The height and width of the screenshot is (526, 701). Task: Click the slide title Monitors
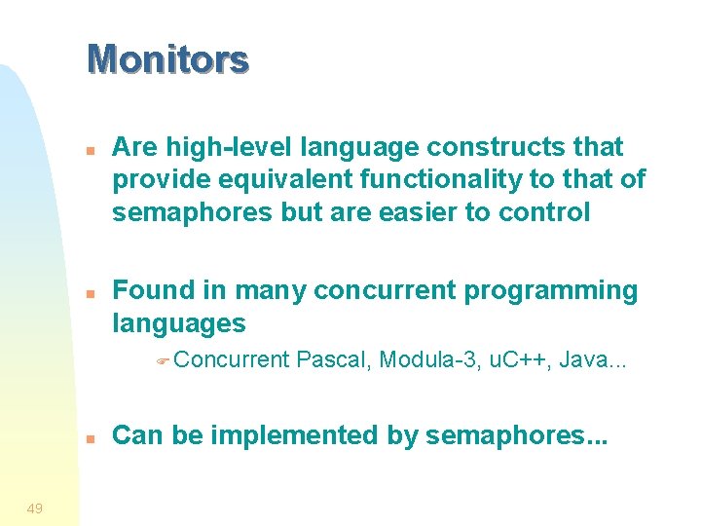[x=167, y=59]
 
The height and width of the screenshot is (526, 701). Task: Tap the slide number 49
[x=34, y=507]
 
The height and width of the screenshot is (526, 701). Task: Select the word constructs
[x=497, y=147]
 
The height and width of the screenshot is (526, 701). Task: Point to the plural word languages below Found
[x=179, y=323]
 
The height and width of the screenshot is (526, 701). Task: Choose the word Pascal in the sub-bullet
[x=333, y=360]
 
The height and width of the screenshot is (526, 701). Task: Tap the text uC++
[x=520, y=360]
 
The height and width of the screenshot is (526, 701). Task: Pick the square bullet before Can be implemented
[x=89, y=438]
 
